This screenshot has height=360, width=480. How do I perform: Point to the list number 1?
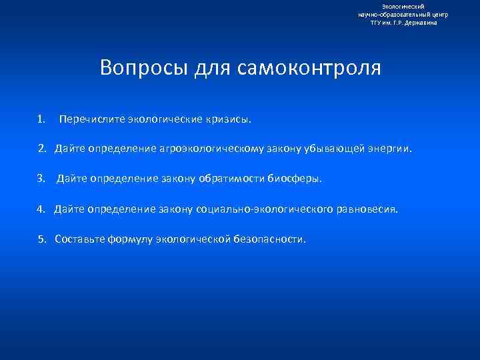pos(41,119)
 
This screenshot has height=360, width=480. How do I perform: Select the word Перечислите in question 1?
pos(91,120)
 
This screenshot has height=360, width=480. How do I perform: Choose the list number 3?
pos(41,179)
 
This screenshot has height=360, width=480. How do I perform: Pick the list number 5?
pos(41,239)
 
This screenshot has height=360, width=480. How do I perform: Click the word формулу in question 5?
pos(130,239)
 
